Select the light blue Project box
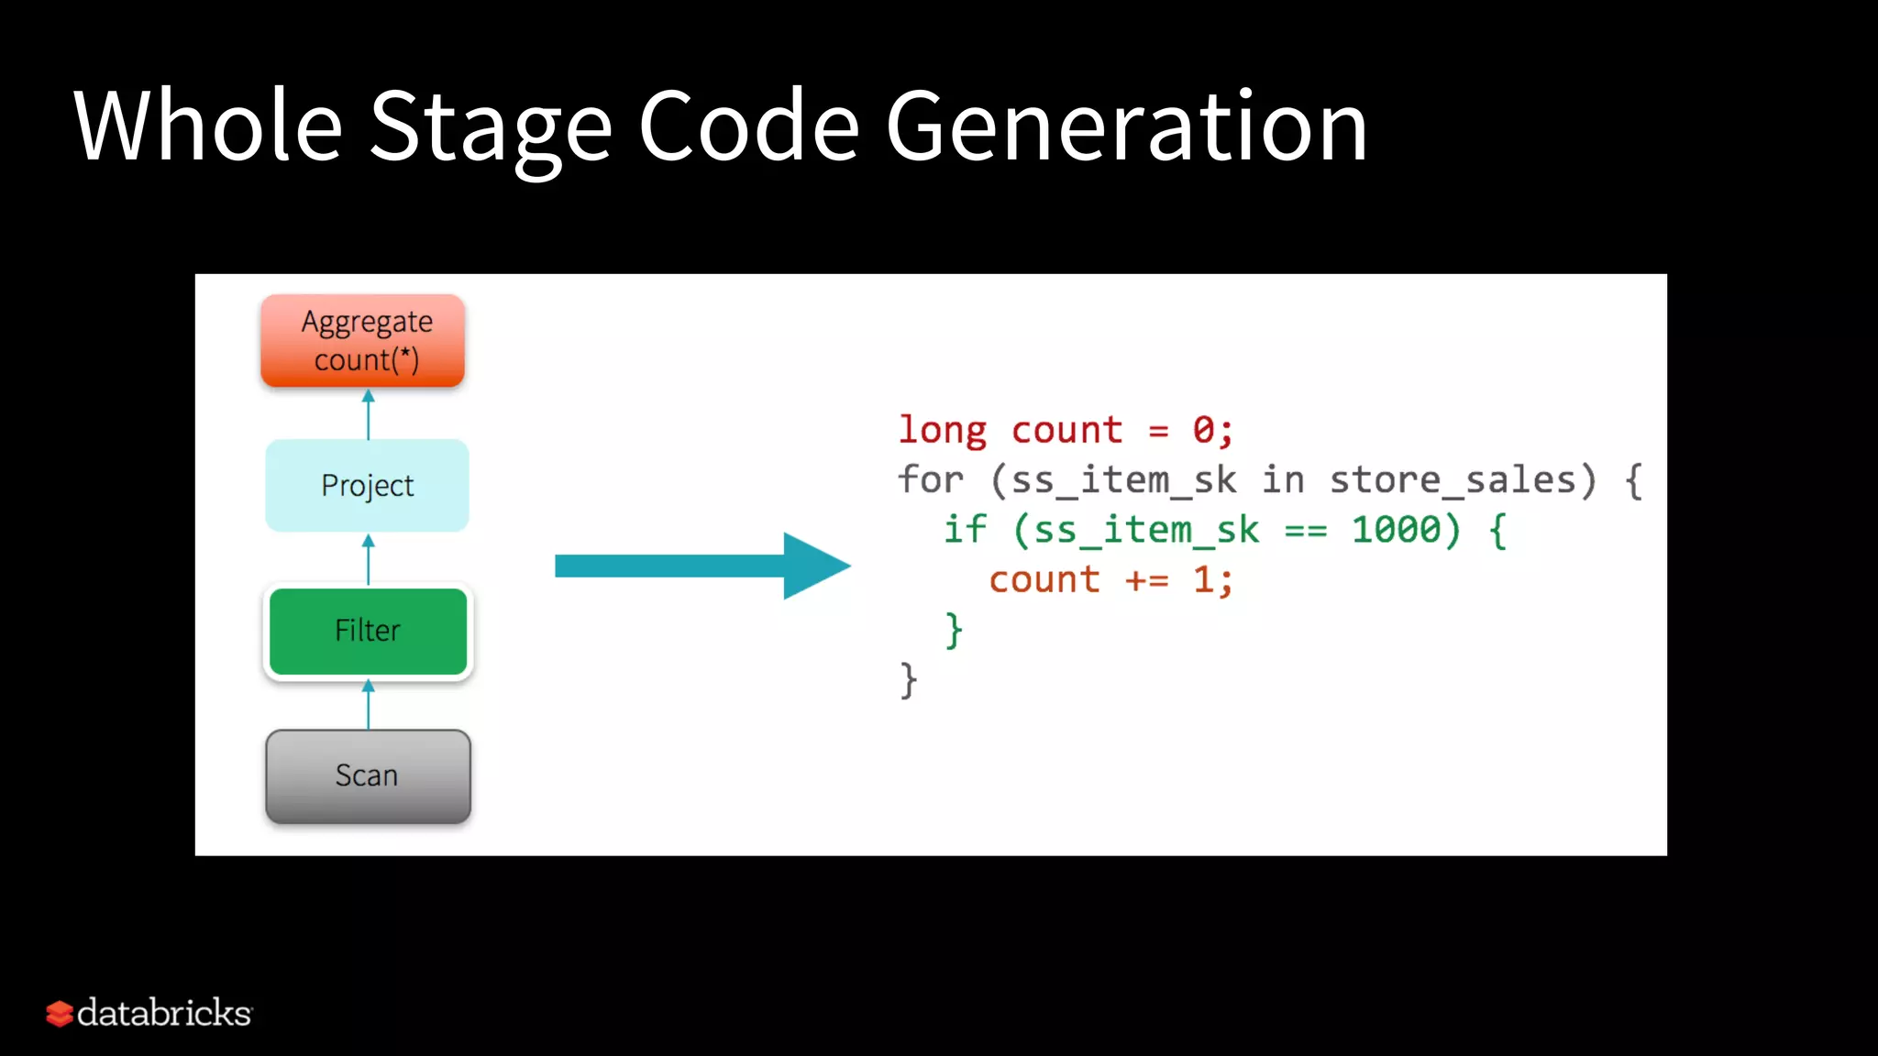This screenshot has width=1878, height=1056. tap(367, 485)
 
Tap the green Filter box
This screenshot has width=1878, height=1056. tap(368, 631)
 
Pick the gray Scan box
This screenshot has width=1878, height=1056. tap(368, 775)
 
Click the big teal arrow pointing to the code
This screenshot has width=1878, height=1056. tap(702, 566)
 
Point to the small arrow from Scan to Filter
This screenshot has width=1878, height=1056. tap(369, 704)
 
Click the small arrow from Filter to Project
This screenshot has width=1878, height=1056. tap(369, 559)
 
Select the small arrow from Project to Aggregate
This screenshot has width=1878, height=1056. tap(369, 414)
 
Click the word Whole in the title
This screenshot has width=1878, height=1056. tap(208, 126)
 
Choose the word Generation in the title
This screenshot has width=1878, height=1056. tap(1126, 126)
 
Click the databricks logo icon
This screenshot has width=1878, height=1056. tap(60, 1013)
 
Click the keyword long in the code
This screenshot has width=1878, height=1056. tap(942, 431)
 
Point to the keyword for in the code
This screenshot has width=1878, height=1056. tap(930, 479)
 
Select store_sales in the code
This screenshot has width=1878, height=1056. tap(1464, 480)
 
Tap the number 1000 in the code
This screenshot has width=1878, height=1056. tap(1397, 530)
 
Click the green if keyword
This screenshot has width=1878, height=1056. tap(965, 530)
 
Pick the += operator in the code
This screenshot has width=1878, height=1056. tap(1146, 580)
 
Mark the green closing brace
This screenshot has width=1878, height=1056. tap(954, 631)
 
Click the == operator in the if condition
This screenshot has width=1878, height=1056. tap(1306, 531)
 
